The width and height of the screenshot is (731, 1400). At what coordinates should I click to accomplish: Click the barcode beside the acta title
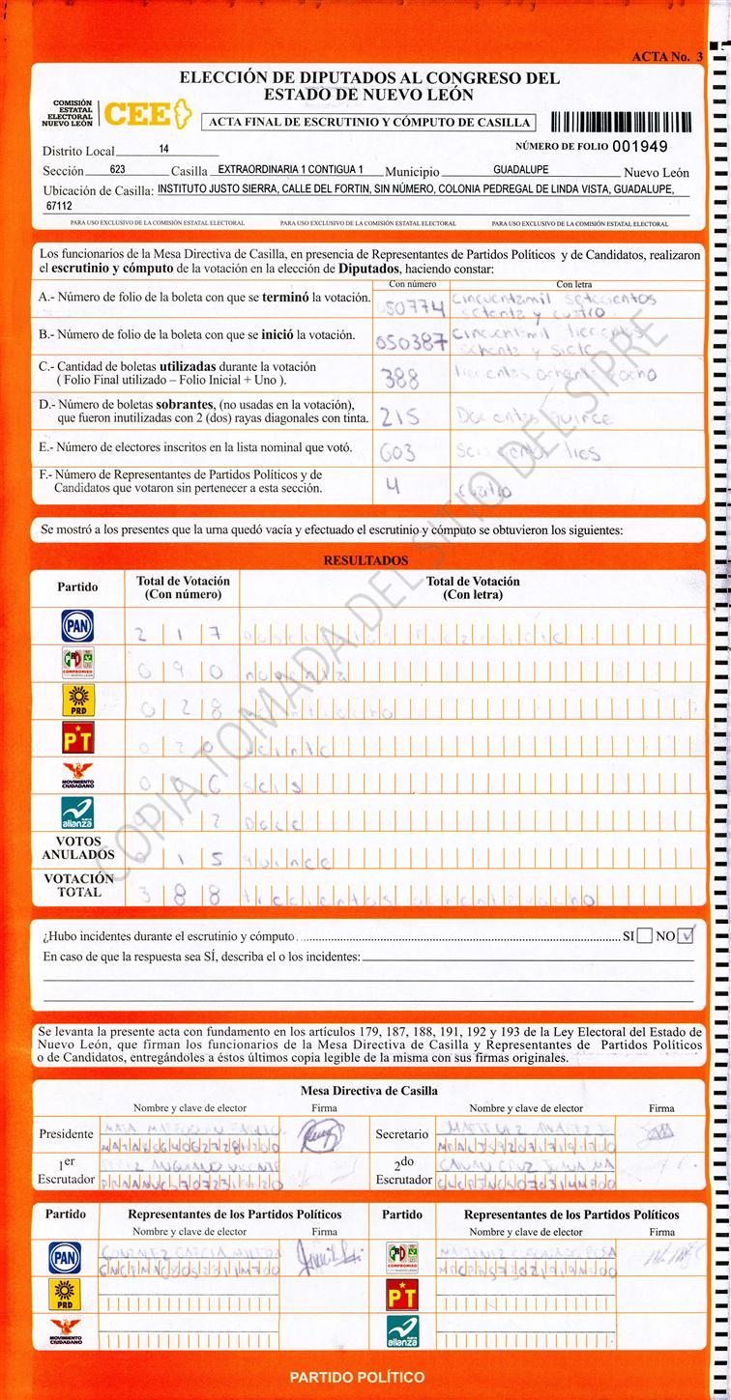621,122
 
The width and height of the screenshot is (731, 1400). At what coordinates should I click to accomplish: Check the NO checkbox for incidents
687,935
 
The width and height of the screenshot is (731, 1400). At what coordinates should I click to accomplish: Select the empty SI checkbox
645,935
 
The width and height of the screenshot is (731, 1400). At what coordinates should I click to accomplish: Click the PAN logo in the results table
76,626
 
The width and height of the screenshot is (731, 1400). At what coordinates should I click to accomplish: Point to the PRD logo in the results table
76,700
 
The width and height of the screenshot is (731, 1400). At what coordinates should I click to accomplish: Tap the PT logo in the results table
76,737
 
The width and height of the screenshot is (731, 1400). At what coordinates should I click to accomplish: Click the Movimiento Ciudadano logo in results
76,776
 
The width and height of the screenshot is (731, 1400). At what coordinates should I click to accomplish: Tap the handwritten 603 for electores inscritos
397,452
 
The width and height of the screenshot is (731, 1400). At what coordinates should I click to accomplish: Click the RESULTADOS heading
365,560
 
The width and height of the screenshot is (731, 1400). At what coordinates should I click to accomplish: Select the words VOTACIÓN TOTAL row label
78,885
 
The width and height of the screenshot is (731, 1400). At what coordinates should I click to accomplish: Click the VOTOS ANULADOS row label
78,847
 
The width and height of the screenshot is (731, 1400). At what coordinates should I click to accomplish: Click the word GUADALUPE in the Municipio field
521,169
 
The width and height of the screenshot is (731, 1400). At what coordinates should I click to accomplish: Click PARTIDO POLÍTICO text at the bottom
357,1377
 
